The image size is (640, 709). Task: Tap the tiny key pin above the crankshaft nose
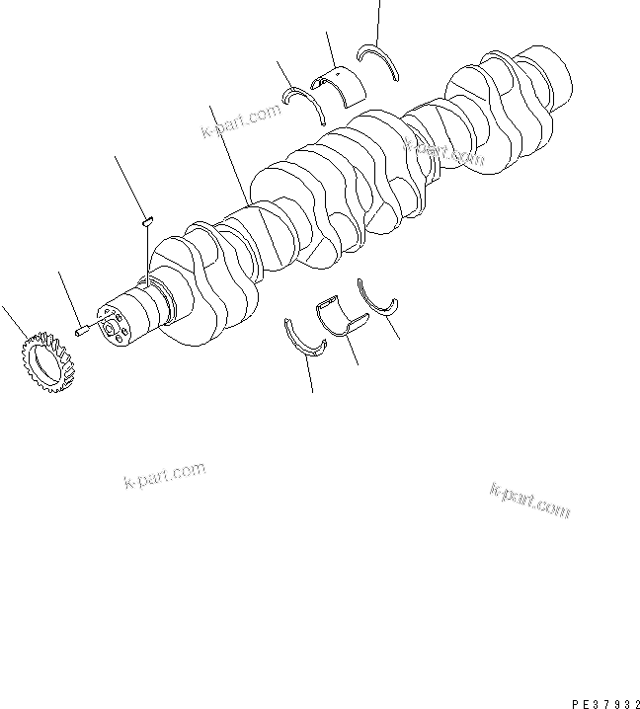pyautogui.click(x=145, y=221)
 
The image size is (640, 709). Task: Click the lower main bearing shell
pyautogui.click(x=341, y=316)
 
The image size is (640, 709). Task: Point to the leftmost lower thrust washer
pyautogui.click(x=305, y=338)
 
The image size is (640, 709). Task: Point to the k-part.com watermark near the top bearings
pyautogui.click(x=241, y=123)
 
